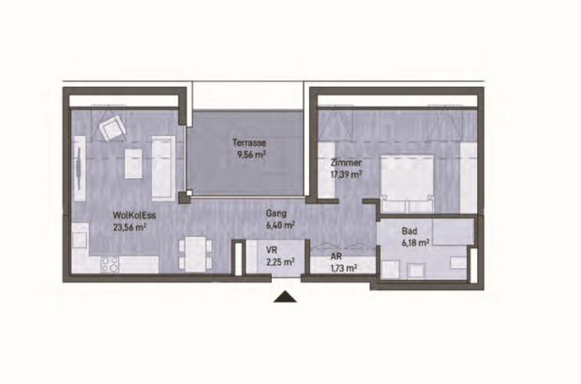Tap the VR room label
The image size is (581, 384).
point(272,250)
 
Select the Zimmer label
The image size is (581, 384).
point(346,162)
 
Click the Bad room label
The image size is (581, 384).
point(409,229)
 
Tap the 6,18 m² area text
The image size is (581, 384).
point(415,242)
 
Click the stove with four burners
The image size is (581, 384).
point(104,262)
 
